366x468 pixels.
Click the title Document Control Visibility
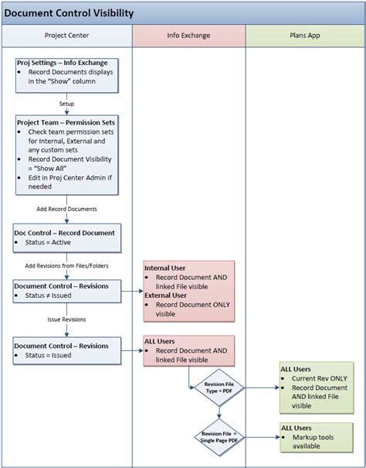point(69,13)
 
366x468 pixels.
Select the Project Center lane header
point(66,36)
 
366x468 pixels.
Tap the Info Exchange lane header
point(188,36)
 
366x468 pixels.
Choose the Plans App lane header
point(305,36)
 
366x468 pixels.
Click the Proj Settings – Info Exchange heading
point(67,63)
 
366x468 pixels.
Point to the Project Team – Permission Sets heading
point(68,122)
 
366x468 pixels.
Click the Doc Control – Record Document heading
point(65,232)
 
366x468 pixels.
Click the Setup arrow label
point(67,103)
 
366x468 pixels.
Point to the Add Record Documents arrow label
point(67,209)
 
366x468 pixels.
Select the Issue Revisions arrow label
point(67,319)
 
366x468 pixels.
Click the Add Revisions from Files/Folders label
point(67,265)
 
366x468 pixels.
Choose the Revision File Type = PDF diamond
point(219,387)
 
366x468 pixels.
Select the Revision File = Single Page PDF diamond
point(219,437)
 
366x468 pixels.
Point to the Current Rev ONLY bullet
point(319,378)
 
